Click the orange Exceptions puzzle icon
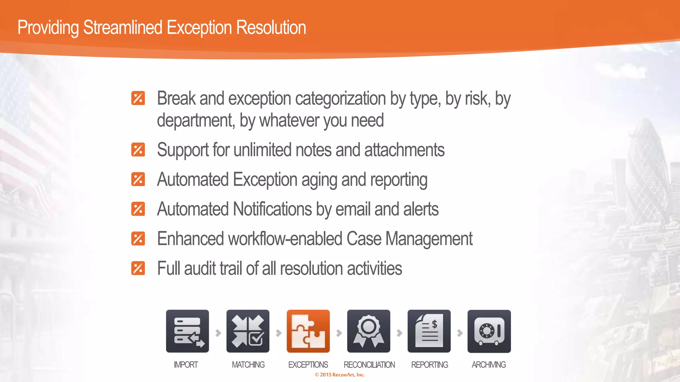coord(308,331)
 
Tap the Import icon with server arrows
coord(187,331)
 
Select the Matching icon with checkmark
coord(248,331)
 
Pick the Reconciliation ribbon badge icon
coord(369,331)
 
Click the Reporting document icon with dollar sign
coord(429,331)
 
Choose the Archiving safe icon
coord(489,331)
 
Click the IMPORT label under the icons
coord(186,365)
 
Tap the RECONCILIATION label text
coord(369,365)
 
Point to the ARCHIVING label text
coord(489,365)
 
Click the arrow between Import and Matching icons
coord(218,333)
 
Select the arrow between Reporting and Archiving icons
coord(460,333)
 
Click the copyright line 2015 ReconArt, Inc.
coord(340,375)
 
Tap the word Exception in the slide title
coord(199,28)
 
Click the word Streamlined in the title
coord(123,28)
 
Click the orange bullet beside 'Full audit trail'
coord(138,268)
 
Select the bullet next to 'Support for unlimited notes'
coord(138,150)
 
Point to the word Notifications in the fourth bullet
coord(272,209)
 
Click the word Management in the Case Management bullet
coord(429,239)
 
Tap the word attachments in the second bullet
coord(404,150)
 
